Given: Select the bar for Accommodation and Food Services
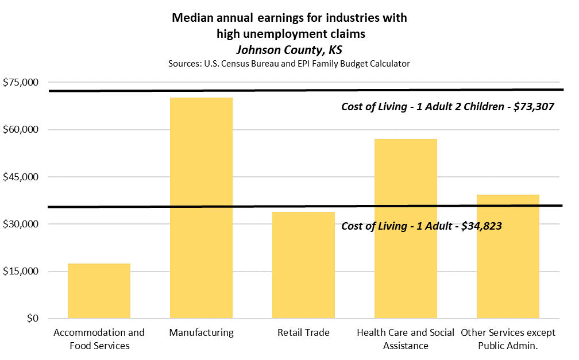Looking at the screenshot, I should point(99,291).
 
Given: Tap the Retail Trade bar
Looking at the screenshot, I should point(303,265).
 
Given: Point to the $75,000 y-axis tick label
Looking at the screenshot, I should point(20,83).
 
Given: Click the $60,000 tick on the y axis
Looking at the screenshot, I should point(20,130).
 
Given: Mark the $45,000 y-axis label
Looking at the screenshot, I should point(20,177).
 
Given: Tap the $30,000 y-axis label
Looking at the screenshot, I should point(20,224).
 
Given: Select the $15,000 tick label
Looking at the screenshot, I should point(20,271).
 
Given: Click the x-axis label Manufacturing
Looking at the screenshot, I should point(201,332).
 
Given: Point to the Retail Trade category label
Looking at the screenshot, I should point(303,332).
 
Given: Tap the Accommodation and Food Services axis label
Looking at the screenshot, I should point(99,339).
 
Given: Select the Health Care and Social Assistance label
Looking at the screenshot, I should point(406,339).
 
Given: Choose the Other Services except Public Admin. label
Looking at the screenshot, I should point(508,339).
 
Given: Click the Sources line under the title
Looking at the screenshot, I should point(289,63).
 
